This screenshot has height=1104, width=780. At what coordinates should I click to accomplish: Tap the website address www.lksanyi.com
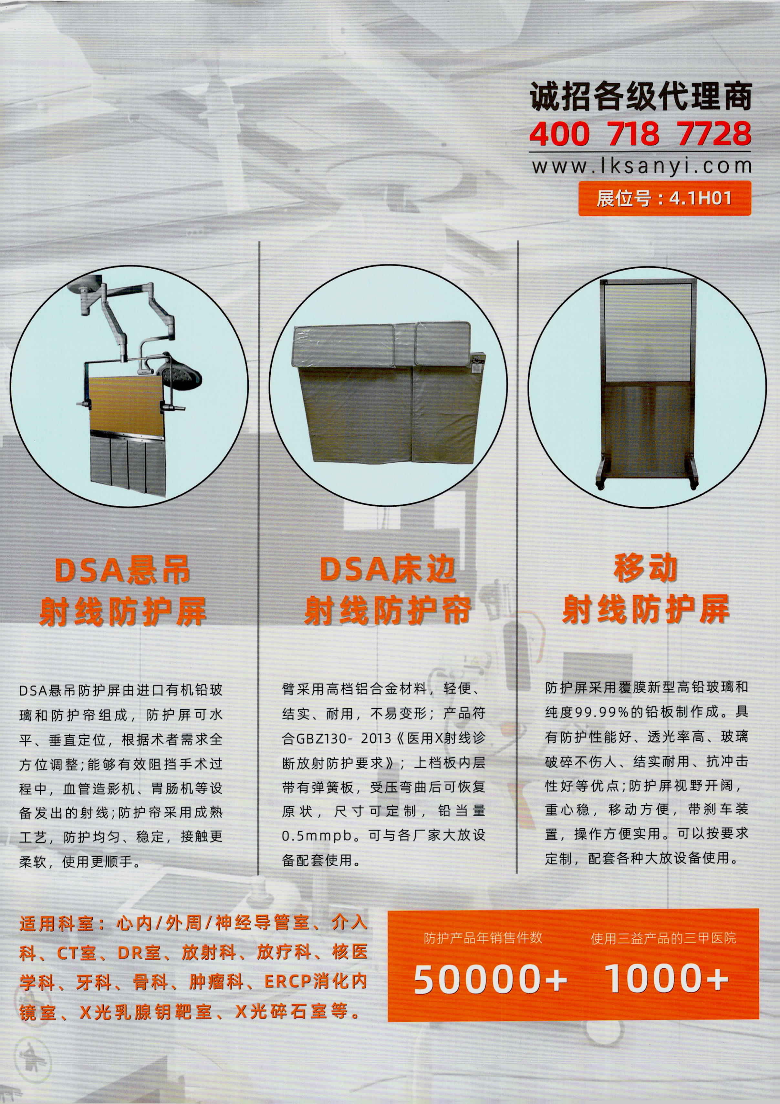coord(641,166)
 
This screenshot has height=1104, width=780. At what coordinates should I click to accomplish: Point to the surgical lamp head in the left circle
coord(181,373)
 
